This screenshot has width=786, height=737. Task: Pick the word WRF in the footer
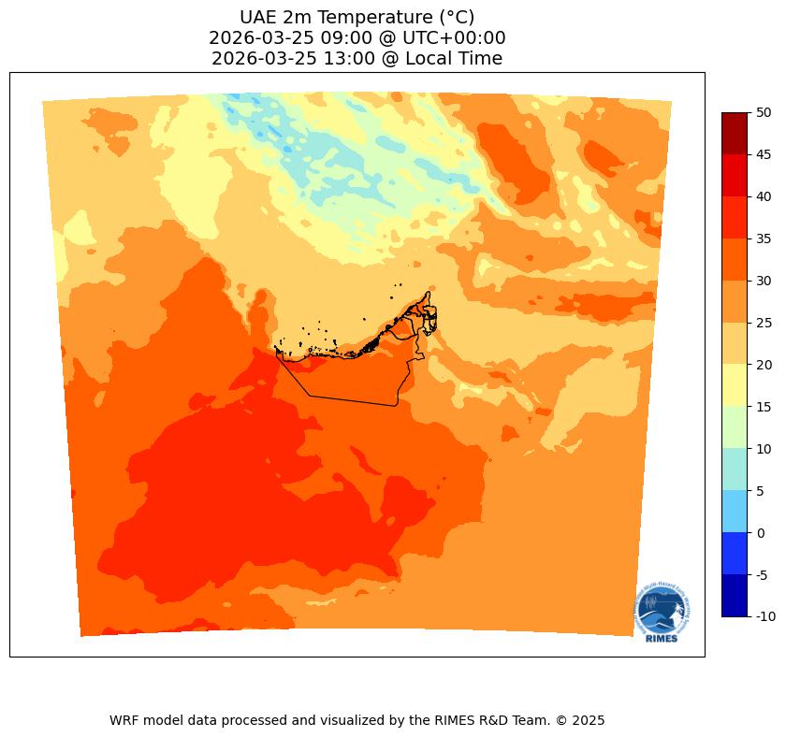coord(124,720)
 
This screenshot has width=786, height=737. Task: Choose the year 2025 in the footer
coord(587,720)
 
